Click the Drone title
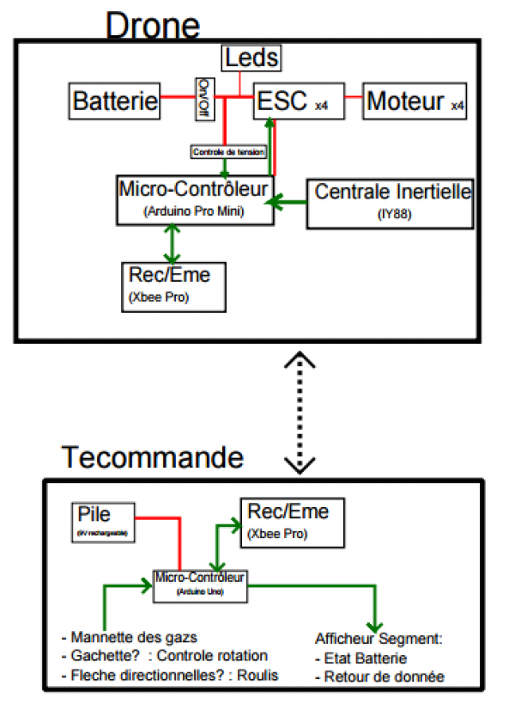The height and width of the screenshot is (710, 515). [x=152, y=25]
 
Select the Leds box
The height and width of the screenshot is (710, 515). [x=251, y=59]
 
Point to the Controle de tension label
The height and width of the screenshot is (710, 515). [x=228, y=151]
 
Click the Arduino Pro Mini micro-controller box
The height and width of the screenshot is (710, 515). [x=195, y=199]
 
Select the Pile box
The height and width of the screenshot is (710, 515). [x=105, y=523]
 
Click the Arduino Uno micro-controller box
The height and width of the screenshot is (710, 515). [x=199, y=585]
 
